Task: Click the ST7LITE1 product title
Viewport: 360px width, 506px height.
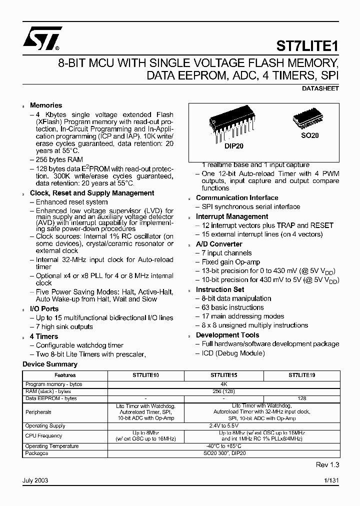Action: click(307, 45)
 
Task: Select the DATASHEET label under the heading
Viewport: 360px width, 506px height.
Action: click(320, 88)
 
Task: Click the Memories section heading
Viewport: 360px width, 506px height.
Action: click(46, 105)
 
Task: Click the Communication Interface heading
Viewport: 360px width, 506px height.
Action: click(237, 197)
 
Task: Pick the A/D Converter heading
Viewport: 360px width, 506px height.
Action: click(219, 244)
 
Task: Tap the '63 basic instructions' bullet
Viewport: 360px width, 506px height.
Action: click(232, 307)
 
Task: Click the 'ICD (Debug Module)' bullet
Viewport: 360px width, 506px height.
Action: click(233, 353)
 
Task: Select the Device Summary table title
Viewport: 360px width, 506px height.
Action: click(50, 364)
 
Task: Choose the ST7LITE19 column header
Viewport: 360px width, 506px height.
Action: click(302, 375)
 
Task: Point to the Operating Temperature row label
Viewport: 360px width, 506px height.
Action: click(52, 446)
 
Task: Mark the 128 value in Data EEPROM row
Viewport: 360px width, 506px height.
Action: click(301, 398)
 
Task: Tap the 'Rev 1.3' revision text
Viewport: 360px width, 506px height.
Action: click(327, 465)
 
